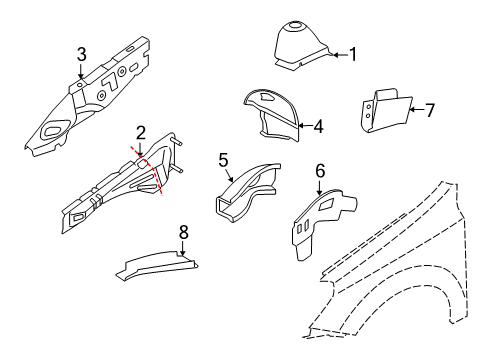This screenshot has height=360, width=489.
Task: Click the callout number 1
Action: click(351, 55)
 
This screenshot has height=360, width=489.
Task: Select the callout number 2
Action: click(141, 132)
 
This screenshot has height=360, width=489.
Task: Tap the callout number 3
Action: click(81, 53)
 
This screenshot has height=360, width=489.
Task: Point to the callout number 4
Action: click(318, 127)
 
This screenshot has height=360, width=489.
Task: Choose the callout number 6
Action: click(320, 171)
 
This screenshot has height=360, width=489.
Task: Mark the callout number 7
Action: click(431, 109)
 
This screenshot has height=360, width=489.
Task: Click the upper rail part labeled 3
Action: click(90, 95)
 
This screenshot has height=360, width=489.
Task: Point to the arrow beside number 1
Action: click(338, 55)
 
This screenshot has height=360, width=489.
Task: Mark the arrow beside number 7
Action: click(415, 109)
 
